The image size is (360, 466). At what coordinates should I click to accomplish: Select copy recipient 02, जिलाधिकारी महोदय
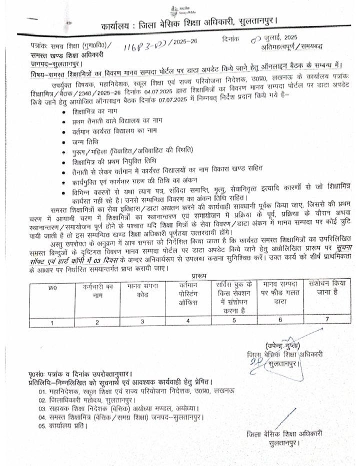pyautogui.click(x=89, y=400)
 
